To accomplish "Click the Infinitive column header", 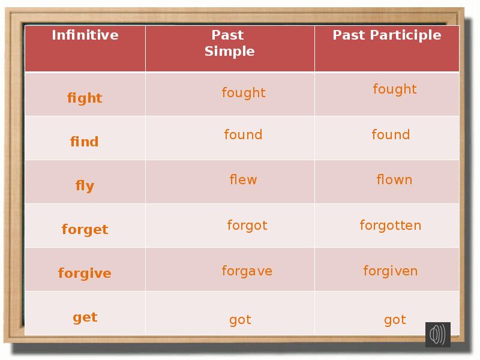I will click(85, 35).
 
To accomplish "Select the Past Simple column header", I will click(229, 43).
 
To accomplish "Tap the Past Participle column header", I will click(387, 35).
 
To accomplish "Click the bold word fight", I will click(85, 98).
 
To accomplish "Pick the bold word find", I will click(85, 142).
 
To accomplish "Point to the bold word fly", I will click(85, 186).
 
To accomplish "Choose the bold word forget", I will click(85, 230).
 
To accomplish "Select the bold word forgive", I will click(85, 274).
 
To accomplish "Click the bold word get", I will click(85, 317).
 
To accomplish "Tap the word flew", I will click(243, 180).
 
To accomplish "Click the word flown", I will click(394, 180).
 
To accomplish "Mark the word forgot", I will click(247, 226).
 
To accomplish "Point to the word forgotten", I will click(391, 226).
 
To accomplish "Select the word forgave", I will click(247, 271).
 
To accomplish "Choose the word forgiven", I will click(391, 271).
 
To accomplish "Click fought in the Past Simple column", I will click(244, 93).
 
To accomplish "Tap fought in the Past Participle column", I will click(394, 89).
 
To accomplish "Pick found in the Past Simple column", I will click(243, 135).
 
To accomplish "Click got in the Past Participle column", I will click(395, 320).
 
